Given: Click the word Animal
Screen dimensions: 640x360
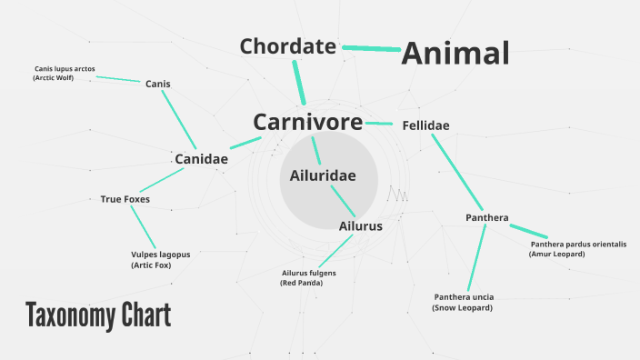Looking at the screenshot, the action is [455, 54].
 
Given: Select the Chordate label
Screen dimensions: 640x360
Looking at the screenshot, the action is [287, 45].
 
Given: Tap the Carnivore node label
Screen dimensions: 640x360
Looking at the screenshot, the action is [307, 122].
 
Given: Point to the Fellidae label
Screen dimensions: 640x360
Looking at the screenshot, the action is [425, 125].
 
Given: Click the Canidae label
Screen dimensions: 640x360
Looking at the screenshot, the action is [201, 159].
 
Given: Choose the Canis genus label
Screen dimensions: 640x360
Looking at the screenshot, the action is [157, 84].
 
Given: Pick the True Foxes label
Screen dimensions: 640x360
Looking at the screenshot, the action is [125, 199].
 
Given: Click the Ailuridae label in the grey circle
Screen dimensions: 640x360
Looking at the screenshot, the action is [322, 175].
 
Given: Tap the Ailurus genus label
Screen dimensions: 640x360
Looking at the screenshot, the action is [360, 225].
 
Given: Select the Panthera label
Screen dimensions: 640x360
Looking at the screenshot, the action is [486, 217].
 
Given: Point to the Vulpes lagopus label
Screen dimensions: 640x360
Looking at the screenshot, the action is [161, 260].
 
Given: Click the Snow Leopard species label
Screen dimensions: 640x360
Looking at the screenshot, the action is [463, 302].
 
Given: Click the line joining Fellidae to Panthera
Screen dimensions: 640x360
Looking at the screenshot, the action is [456, 171].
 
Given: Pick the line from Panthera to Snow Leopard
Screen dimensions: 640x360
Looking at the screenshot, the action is [476, 258].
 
